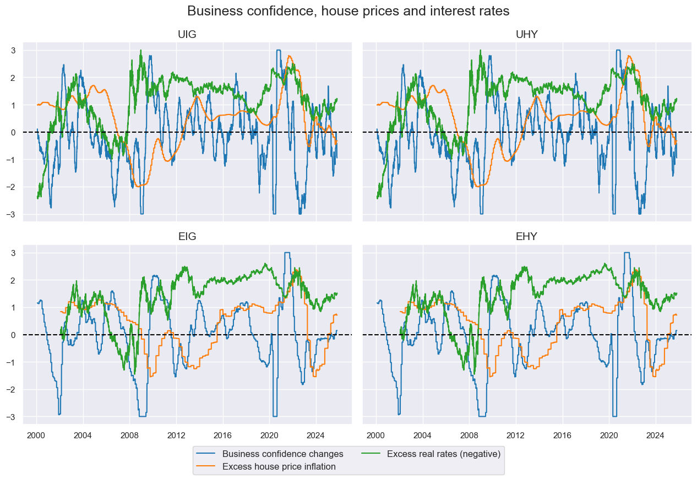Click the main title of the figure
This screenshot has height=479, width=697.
(x=348, y=11)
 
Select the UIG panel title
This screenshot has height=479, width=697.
(x=187, y=35)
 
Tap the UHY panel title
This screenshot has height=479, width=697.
(x=527, y=35)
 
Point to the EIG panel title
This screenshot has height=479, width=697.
(x=187, y=237)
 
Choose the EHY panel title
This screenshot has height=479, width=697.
(x=527, y=237)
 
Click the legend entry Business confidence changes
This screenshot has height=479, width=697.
(x=282, y=454)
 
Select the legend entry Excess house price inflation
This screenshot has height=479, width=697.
(x=279, y=467)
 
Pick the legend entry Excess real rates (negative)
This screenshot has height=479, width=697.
(x=443, y=454)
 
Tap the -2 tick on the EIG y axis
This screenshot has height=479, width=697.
(x=13, y=390)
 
